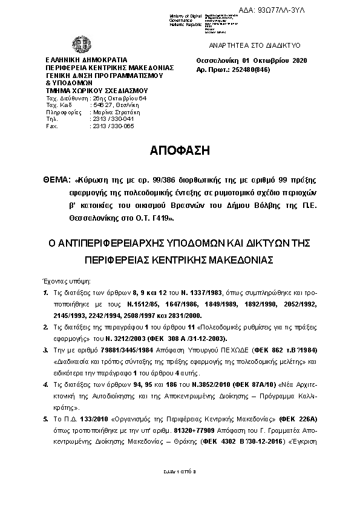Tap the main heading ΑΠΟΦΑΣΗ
click(x=179, y=151)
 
